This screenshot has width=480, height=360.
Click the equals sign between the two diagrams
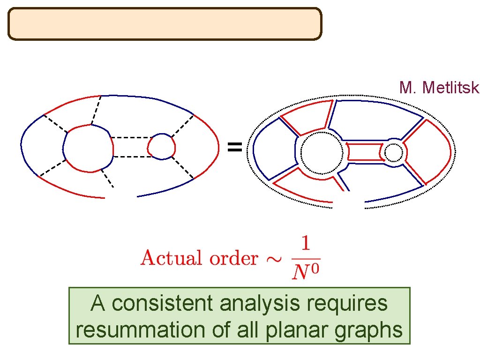click(234, 148)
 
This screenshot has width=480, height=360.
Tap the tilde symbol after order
click(273, 258)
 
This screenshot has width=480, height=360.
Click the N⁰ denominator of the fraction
click(305, 272)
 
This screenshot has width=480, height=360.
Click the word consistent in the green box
click(164, 304)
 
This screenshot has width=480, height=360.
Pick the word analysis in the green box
click(260, 304)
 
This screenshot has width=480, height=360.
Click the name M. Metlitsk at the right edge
click(439, 88)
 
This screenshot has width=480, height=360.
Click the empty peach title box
click(165, 23)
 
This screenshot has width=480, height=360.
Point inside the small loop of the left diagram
click(161, 147)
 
